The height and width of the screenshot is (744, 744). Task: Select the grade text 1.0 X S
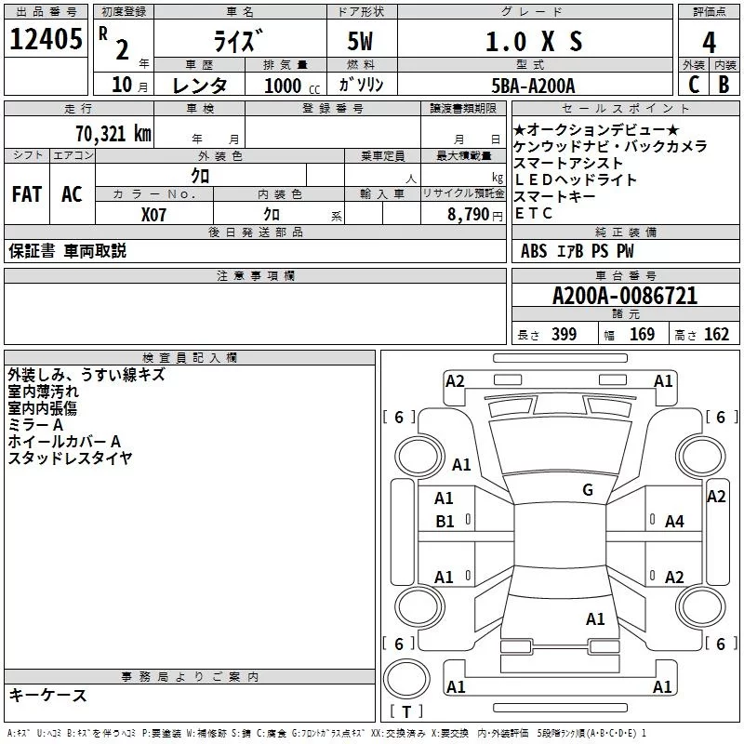click(x=535, y=42)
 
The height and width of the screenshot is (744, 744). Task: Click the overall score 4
click(x=710, y=43)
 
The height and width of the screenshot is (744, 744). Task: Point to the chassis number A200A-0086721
click(x=624, y=297)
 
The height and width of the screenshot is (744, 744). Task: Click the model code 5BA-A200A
click(x=533, y=86)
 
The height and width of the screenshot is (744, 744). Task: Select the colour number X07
click(x=154, y=214)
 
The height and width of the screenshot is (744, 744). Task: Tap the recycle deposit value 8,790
click(x=467, y=214)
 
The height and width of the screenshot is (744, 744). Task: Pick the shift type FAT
click(x=26, y=194)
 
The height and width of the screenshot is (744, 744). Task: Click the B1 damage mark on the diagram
click(x=445, y=522)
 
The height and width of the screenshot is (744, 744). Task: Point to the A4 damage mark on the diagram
click(x=674, y=522)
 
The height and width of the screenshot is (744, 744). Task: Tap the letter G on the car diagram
click(x=588, y=490)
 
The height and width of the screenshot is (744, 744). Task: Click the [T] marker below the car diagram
click(x=405, y=712)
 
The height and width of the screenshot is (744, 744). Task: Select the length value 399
click(x=564, y=335)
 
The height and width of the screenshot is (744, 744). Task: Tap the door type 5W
click(x=361, y=42)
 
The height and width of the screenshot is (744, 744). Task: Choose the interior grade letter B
click(x=724, y=85)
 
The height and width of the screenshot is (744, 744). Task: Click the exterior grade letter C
click(x=693, y=85)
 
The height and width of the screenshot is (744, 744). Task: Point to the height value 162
click(x=716, y=335)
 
